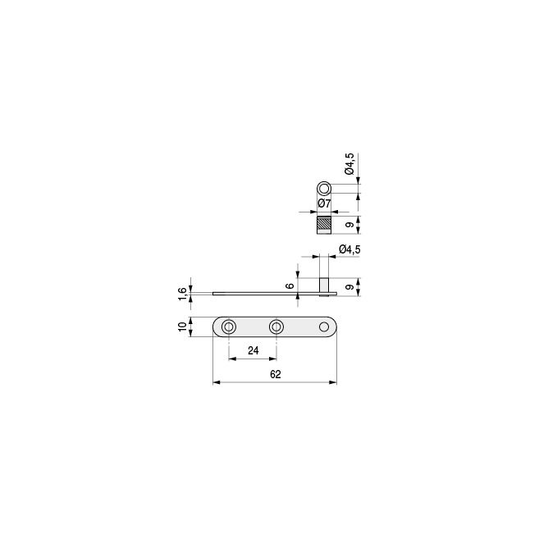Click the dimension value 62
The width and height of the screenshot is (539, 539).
[276, 374]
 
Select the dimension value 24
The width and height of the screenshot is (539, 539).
[253, 350]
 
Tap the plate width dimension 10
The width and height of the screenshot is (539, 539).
[182, 327]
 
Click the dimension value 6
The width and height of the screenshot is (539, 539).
[290, 286]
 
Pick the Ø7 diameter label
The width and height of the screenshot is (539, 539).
[324, 203]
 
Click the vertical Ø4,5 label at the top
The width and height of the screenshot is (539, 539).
[349, 164]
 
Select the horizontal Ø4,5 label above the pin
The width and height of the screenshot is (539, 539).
[349, 249]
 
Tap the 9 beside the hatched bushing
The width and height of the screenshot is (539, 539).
[349, 225]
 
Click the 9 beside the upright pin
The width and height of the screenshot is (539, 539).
[349, 287]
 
